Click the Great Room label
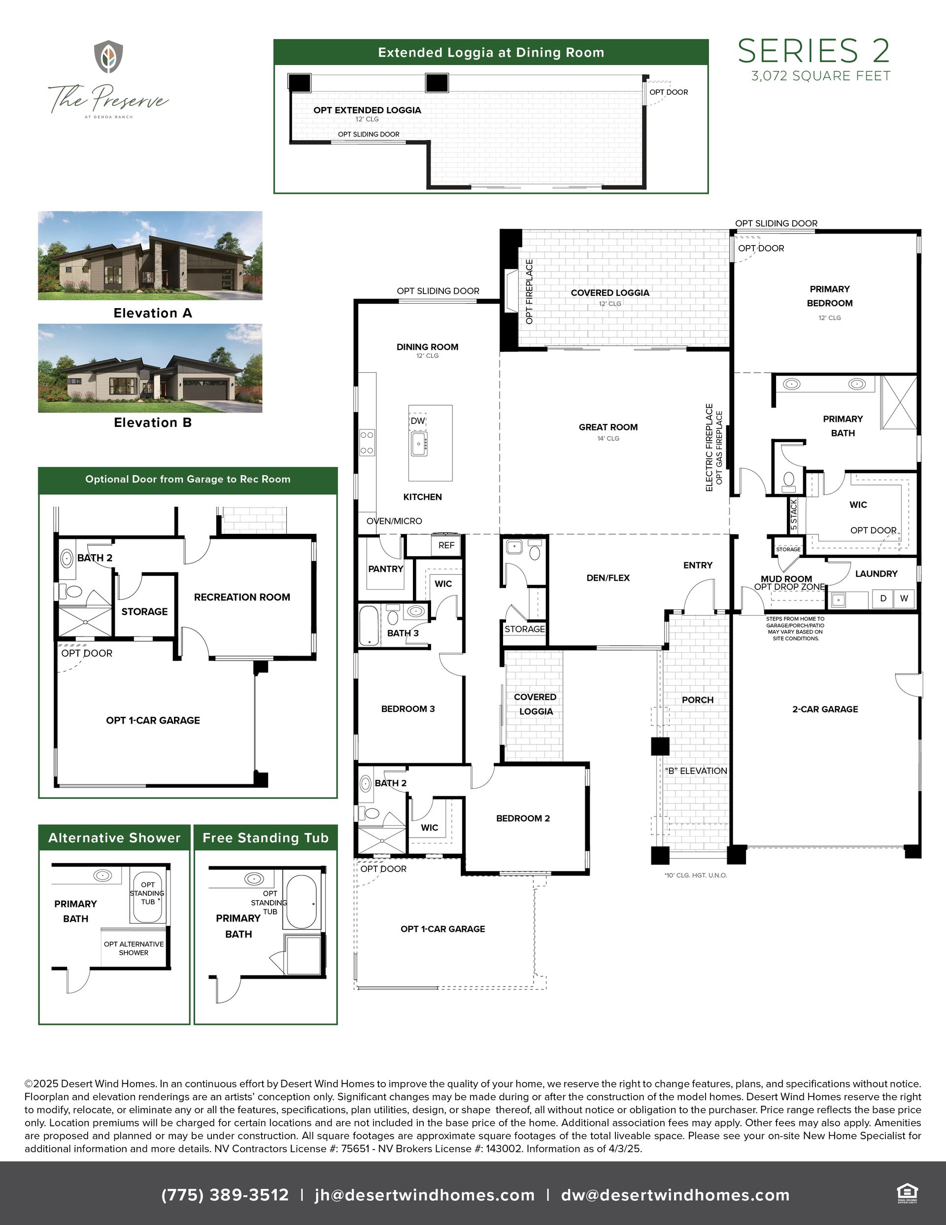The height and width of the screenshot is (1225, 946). [608, 427]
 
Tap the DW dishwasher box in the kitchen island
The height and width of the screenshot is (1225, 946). [418, 420]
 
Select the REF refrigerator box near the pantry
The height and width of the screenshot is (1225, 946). [446, 545]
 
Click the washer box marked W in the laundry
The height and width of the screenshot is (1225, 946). [904, 598]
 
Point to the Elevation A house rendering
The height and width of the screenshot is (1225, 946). [150, 255]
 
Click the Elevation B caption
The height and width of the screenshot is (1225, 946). [153, 422]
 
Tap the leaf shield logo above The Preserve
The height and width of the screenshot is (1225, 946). [108, 56]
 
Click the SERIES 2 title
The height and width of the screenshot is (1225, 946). [813, 51]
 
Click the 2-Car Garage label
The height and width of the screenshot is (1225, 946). [825, 709]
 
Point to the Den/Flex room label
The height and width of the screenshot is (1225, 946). [608, 578]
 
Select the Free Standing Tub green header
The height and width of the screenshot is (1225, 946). [266, 838]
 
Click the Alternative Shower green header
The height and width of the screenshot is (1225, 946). [114, 838]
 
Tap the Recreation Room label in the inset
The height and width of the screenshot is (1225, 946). [242, 597]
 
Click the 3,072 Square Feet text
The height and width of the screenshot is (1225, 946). [821, 76]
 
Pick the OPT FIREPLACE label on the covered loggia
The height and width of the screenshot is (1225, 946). [529, 291]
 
